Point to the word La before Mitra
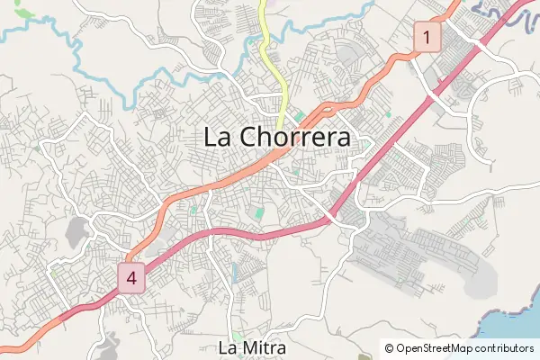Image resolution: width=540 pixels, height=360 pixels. coord(229,346)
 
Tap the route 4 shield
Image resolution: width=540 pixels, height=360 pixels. coord(131,277)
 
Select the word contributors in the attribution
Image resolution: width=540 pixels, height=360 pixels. coord(504,347)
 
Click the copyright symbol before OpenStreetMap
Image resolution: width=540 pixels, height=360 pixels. coord(389,347)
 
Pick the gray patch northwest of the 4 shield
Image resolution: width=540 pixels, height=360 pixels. coord(78,231)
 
